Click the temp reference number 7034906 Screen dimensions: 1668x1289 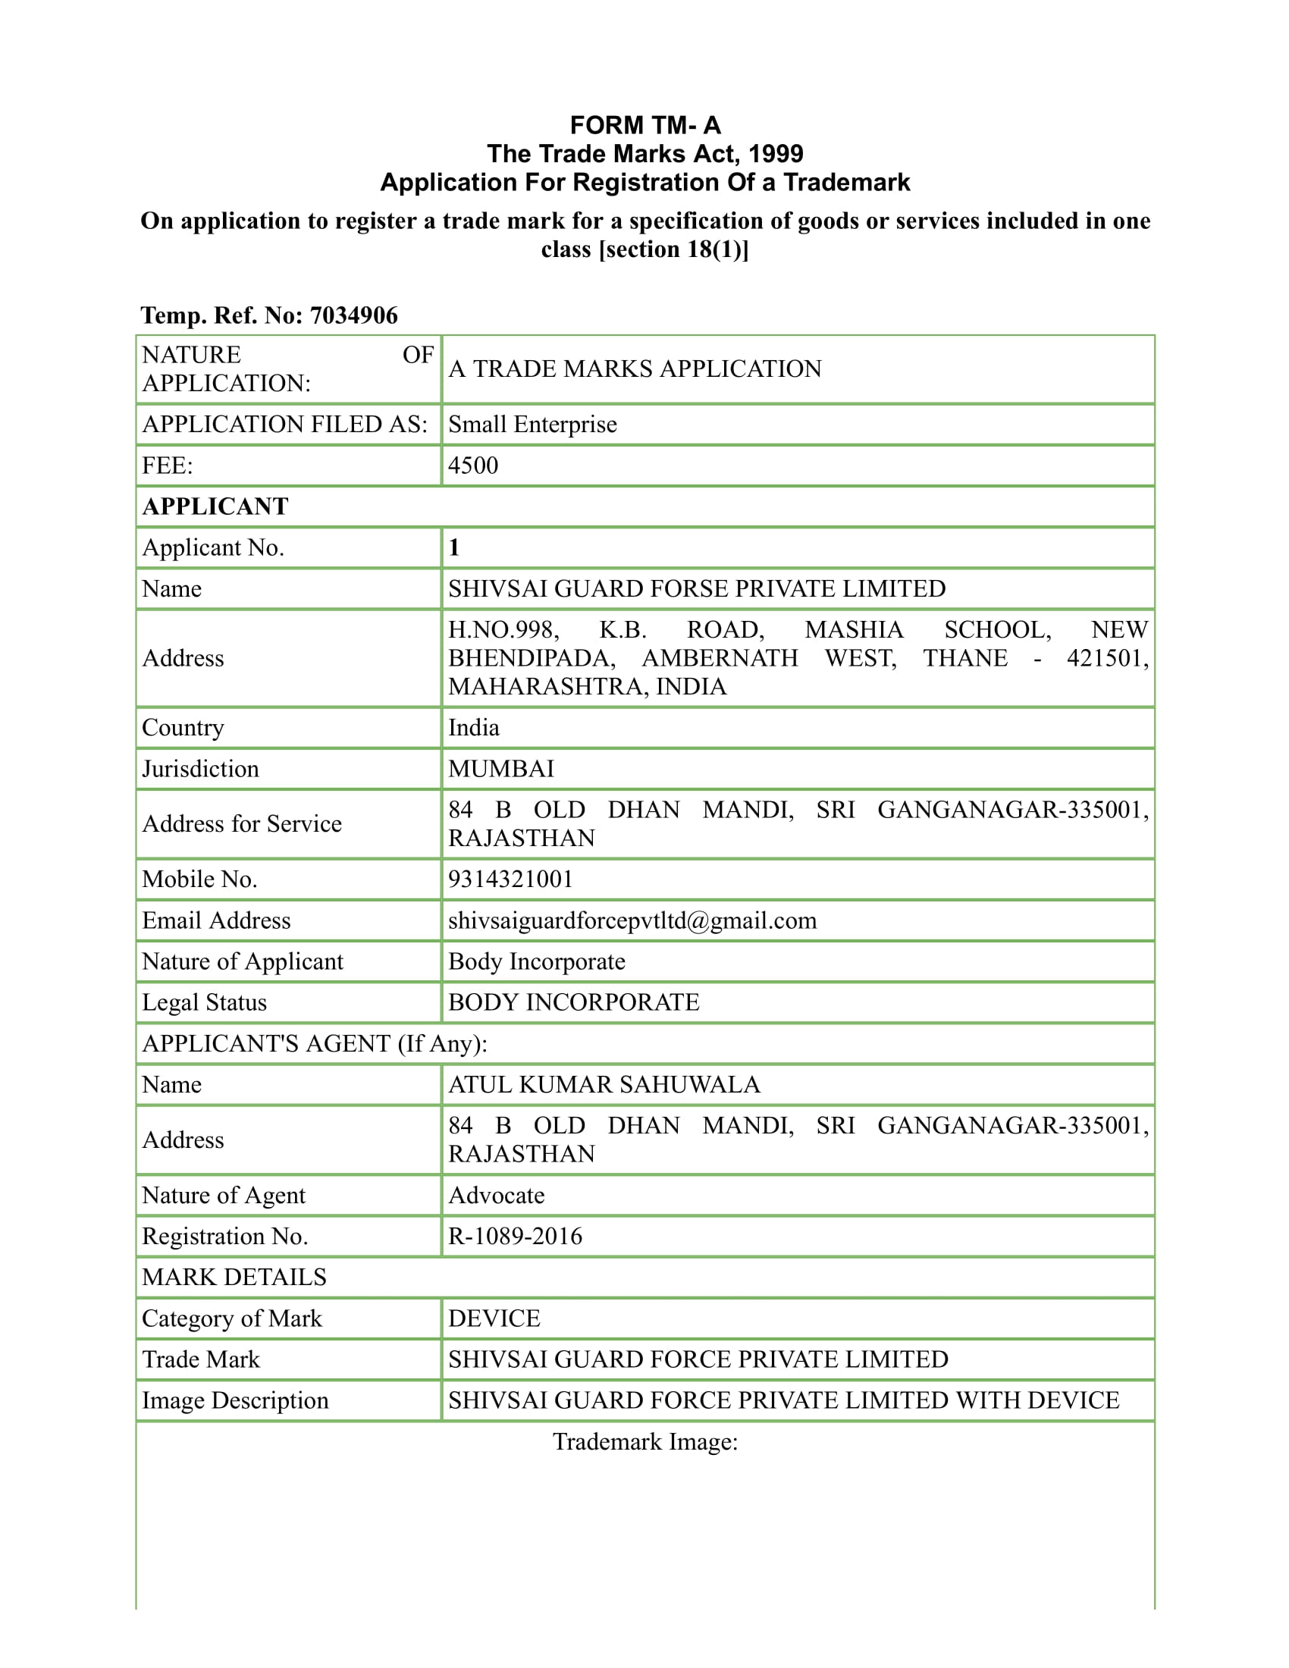353,315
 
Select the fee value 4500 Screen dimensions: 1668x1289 472,465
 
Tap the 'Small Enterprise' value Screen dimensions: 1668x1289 532,424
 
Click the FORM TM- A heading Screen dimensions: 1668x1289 644,125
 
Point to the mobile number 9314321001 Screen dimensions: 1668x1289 510,879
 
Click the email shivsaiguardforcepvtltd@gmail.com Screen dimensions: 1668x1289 632,920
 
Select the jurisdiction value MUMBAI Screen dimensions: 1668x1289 501,768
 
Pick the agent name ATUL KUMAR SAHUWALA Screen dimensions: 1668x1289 604,1084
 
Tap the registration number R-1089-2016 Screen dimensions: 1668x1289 515,1236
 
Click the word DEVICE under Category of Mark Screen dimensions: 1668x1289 494,1318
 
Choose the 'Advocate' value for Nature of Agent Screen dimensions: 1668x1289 497,1195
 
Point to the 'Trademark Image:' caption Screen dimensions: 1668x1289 644,1442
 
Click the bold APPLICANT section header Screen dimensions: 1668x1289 215,506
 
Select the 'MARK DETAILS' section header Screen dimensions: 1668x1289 234,1277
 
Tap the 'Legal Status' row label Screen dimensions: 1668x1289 204,1002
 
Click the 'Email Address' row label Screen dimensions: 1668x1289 216,920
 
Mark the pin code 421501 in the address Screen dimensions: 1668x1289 1105,658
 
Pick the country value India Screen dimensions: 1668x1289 473,727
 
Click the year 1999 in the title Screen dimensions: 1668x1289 775,153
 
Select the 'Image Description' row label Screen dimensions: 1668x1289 235,1400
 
